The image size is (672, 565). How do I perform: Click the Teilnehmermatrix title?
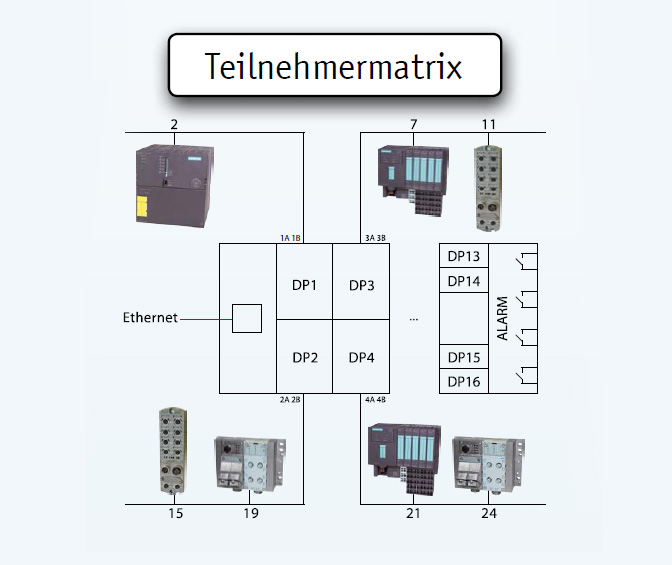[334, 66]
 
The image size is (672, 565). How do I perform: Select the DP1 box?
[304, 285]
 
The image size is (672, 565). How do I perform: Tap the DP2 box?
[304, 357]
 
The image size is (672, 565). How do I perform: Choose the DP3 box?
[361, 285]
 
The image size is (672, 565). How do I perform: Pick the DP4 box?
[361, 357]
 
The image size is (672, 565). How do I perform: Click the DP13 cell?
[464, 256]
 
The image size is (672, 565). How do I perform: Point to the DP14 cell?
[464, 281]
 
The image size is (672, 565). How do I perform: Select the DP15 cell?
[464, 357]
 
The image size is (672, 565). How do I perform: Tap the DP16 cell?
[464, 381]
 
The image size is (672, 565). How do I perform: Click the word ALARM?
[502, 318]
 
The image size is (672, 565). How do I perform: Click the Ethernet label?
[150, 318]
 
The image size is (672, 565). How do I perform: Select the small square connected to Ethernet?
[246, 318]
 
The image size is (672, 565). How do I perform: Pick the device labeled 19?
[250, 464]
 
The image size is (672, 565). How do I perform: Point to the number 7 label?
[412, 124]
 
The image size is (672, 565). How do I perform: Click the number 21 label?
[413, 513]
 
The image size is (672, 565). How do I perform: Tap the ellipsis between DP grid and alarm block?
[414, 319]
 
